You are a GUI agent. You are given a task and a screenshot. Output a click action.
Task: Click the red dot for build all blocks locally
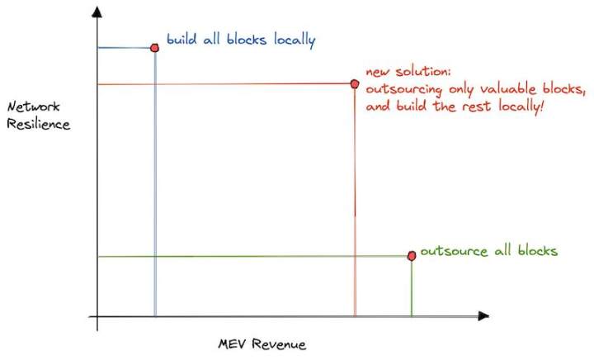[154, 48]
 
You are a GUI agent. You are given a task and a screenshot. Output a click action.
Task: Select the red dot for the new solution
[355, 83]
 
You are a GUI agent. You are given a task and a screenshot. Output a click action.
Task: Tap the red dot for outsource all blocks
[412, 256]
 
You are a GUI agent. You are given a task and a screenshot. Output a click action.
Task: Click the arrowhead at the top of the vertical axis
[97, 12]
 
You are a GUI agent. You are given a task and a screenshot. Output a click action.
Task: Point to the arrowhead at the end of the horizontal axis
[483, 315]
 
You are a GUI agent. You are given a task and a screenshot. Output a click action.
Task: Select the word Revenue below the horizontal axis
[279, 344]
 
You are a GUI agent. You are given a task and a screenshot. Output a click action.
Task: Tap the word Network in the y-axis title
[33, 107]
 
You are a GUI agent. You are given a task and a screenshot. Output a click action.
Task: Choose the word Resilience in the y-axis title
[38, 124]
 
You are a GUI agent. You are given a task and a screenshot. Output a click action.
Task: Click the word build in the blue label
[181, 39]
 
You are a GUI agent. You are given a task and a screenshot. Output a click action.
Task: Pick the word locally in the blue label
[295, 40]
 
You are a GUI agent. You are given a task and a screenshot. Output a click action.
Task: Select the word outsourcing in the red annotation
[403, 90]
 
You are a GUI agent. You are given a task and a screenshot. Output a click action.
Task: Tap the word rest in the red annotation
[478, 107]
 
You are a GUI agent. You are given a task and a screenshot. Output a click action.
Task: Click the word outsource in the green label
[454, 251]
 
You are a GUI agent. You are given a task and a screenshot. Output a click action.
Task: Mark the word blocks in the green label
[538, 250]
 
